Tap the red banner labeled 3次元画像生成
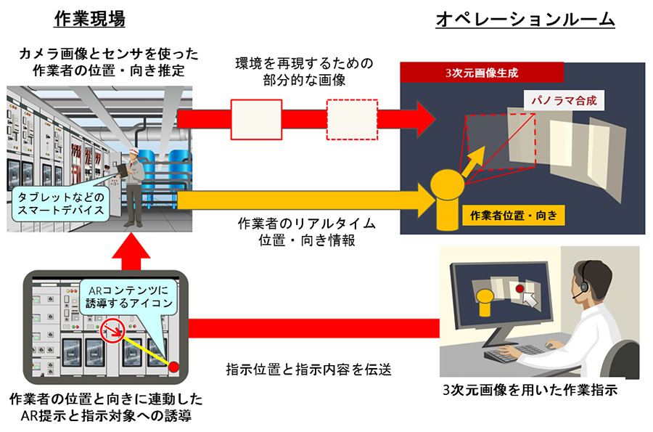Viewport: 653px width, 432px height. coord(482,73)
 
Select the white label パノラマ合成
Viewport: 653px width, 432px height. coord(563,101)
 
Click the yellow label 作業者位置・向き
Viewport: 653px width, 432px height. coord(512,215)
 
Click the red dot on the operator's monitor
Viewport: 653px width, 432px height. coord(519,289)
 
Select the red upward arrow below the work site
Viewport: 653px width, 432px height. coord(131,253)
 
